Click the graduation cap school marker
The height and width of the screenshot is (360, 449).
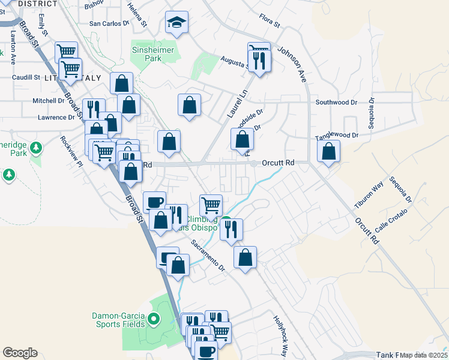tap(176, 23)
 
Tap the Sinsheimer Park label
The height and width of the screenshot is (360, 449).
tap(154, 54)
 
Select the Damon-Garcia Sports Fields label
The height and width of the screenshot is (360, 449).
tap(118, 320)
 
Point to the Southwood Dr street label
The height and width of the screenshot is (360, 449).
tap(337, 103)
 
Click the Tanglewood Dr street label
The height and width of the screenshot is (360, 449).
tap(337, 136)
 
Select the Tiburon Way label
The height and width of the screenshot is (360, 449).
tap(369, 196)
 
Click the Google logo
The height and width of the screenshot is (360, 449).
tap(20, 353)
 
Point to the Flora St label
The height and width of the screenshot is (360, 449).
tap(269, 25)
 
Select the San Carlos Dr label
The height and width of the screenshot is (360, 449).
tap(109, 24)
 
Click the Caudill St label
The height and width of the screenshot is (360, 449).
tap(26, 77)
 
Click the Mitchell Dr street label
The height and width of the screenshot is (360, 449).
tap(49, 101)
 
